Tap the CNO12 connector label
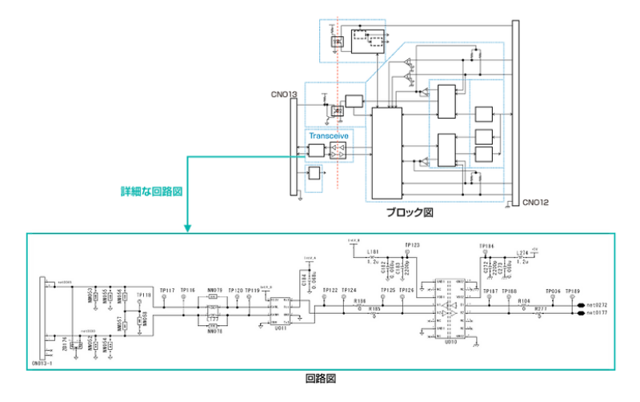pyautogui.click(x=534, y=203)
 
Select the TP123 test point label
pyautogui.click(x=413, y=244)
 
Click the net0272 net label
pyautogui.click(x=596, y=305)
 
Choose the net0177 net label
pyautogui.click(x=596, y=314)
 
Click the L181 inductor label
pyautogui.click(x=372, y=252)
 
